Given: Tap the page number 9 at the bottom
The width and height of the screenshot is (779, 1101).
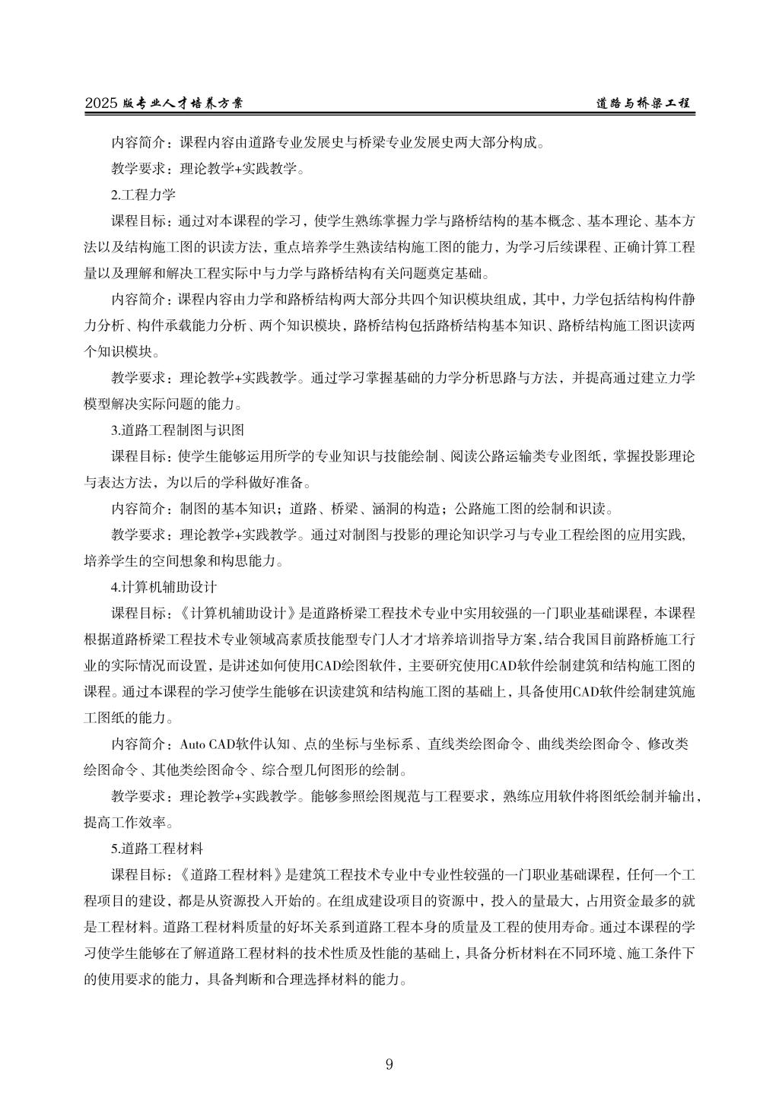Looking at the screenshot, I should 389,1064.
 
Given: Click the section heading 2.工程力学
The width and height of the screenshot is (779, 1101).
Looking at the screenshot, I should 143,195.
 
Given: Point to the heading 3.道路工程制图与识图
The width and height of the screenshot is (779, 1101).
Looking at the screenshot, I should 177,430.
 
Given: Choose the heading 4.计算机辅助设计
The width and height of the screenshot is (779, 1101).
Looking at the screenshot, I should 164,587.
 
